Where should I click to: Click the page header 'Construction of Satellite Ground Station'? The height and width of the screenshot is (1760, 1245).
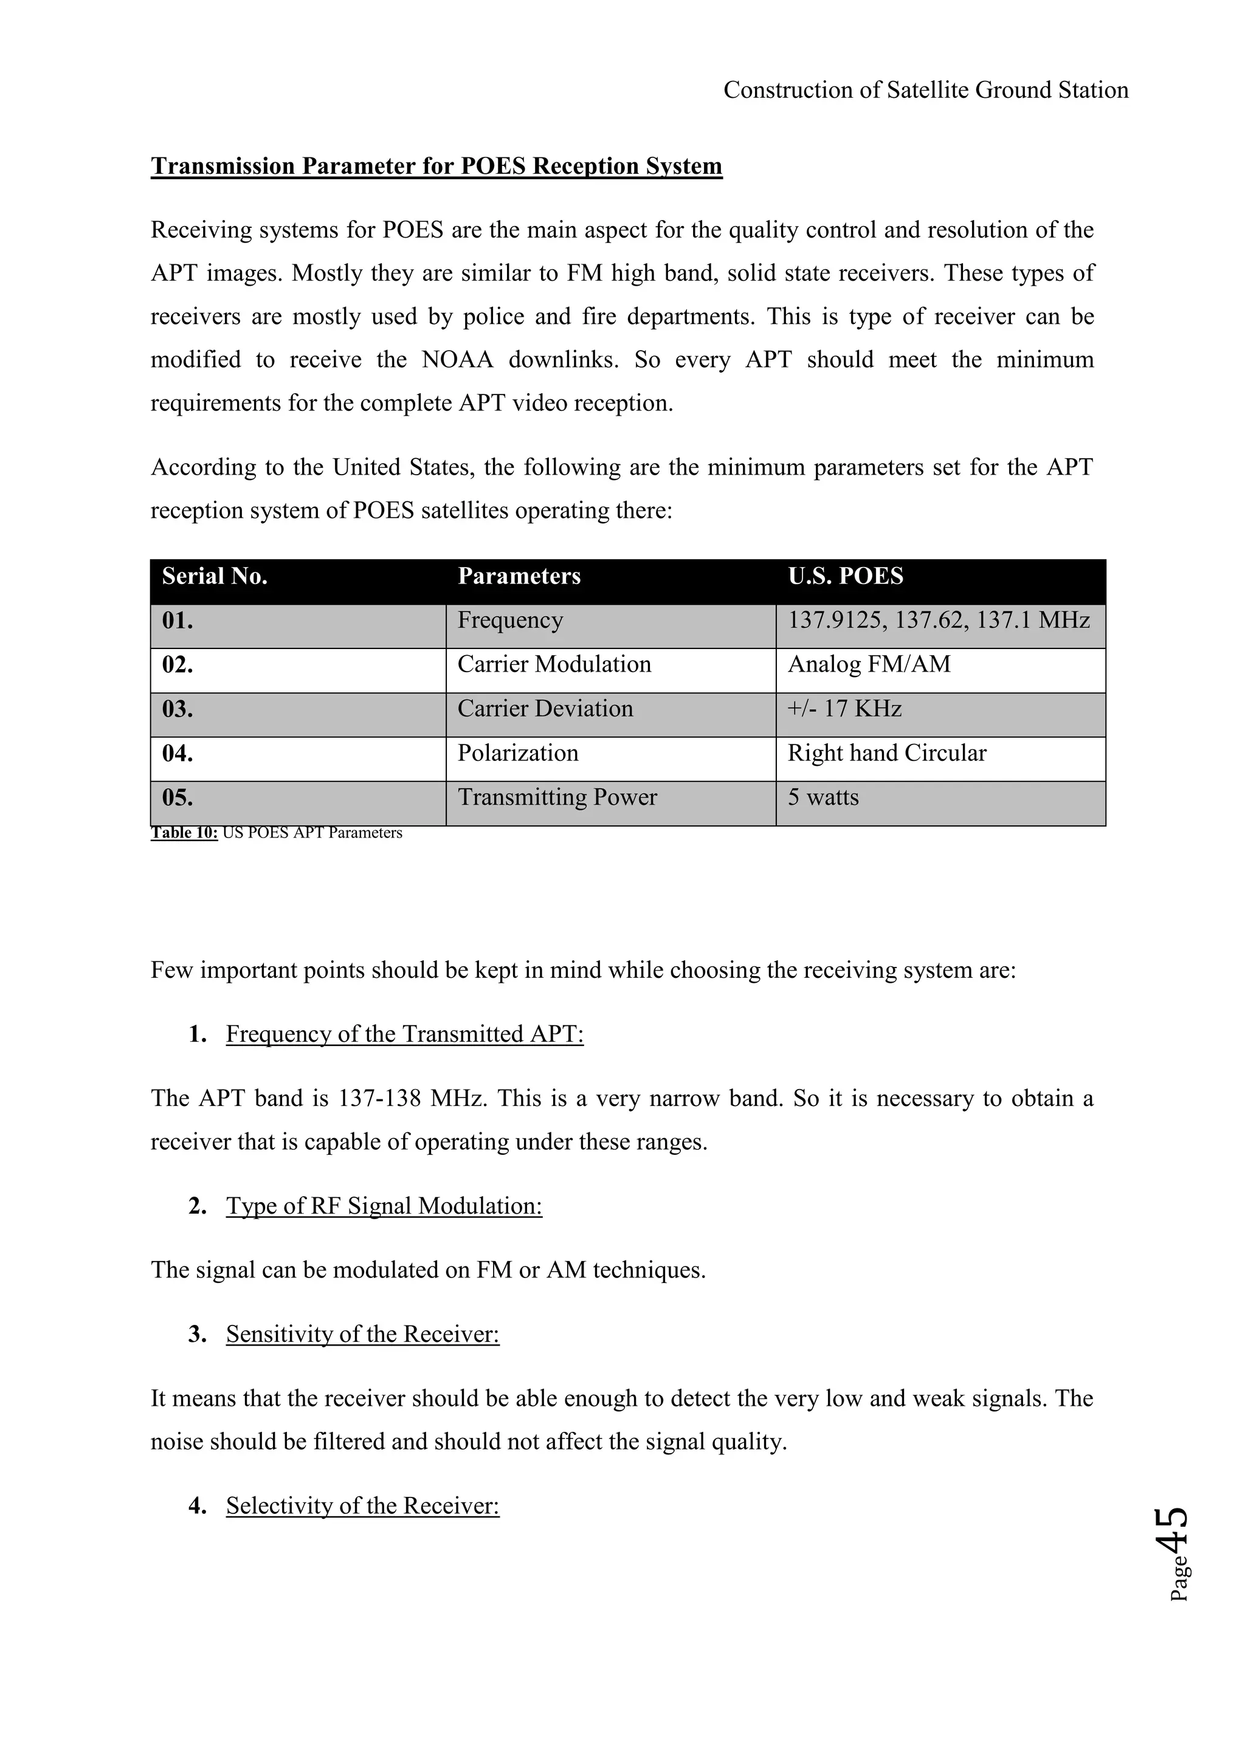pyautogui.click(x=925, y=91)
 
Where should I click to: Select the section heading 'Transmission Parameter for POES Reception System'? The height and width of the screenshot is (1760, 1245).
pyautogui.click(x=436, y=167)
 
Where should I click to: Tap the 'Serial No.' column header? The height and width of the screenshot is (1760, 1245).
pyautogui.click(x=215, y=577)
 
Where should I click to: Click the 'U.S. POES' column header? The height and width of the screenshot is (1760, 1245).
pyautogui.click(x=846, y=577)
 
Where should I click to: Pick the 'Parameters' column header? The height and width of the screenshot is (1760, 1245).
pyautogui.click(x=519, y=577)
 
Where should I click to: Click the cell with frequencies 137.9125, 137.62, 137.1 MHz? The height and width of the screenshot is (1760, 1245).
pyautogui.click(x=939, y=620)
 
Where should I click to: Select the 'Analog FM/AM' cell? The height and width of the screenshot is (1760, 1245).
pyautogui.click(x=869, y=665)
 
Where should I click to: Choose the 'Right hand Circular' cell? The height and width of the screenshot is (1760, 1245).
pyautogui.click(x=886, y=754)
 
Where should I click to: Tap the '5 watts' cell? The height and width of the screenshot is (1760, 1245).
pyautogui.click(x=823, y=798)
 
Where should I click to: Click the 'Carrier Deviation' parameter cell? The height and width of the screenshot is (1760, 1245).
pyautogui.click(x=545, y=709)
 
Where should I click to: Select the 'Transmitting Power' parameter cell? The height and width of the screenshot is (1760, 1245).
pyautogui.click(x=557, y=798)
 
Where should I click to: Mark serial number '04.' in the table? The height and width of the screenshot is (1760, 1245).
pyautogui.click(x=178, y=754)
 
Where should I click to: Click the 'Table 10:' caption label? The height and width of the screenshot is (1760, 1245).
pyautogui.click(x=185, y=833)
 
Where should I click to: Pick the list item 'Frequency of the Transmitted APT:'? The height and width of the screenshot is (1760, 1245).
pyautogui.click(x=405, y=1034)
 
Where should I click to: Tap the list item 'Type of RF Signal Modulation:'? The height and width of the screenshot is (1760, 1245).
pyautogui.click(x=384, y=1206)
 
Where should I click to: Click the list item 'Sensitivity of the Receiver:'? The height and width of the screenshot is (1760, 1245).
pyautogui.click(x=362, y=1335)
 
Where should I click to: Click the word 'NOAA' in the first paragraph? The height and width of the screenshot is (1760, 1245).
pyautogui.click(x=457, y=360)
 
